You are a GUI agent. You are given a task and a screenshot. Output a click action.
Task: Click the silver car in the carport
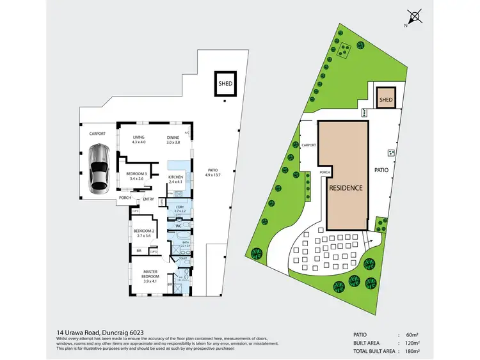99,168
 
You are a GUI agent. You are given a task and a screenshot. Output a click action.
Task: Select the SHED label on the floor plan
225,83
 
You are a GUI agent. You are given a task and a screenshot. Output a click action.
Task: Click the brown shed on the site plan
385,99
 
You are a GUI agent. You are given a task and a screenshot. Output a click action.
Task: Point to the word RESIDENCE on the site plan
346,188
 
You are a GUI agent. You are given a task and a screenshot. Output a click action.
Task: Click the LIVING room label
139,137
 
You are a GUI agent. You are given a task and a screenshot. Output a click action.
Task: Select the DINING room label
173,137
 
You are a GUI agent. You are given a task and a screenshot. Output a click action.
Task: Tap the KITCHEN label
175,177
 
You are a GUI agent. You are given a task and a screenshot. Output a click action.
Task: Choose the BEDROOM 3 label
136,174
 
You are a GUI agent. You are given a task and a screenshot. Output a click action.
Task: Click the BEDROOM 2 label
143,231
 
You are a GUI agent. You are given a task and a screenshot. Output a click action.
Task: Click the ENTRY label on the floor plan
148,200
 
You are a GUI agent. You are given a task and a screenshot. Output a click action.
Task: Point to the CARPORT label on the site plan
309,145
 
